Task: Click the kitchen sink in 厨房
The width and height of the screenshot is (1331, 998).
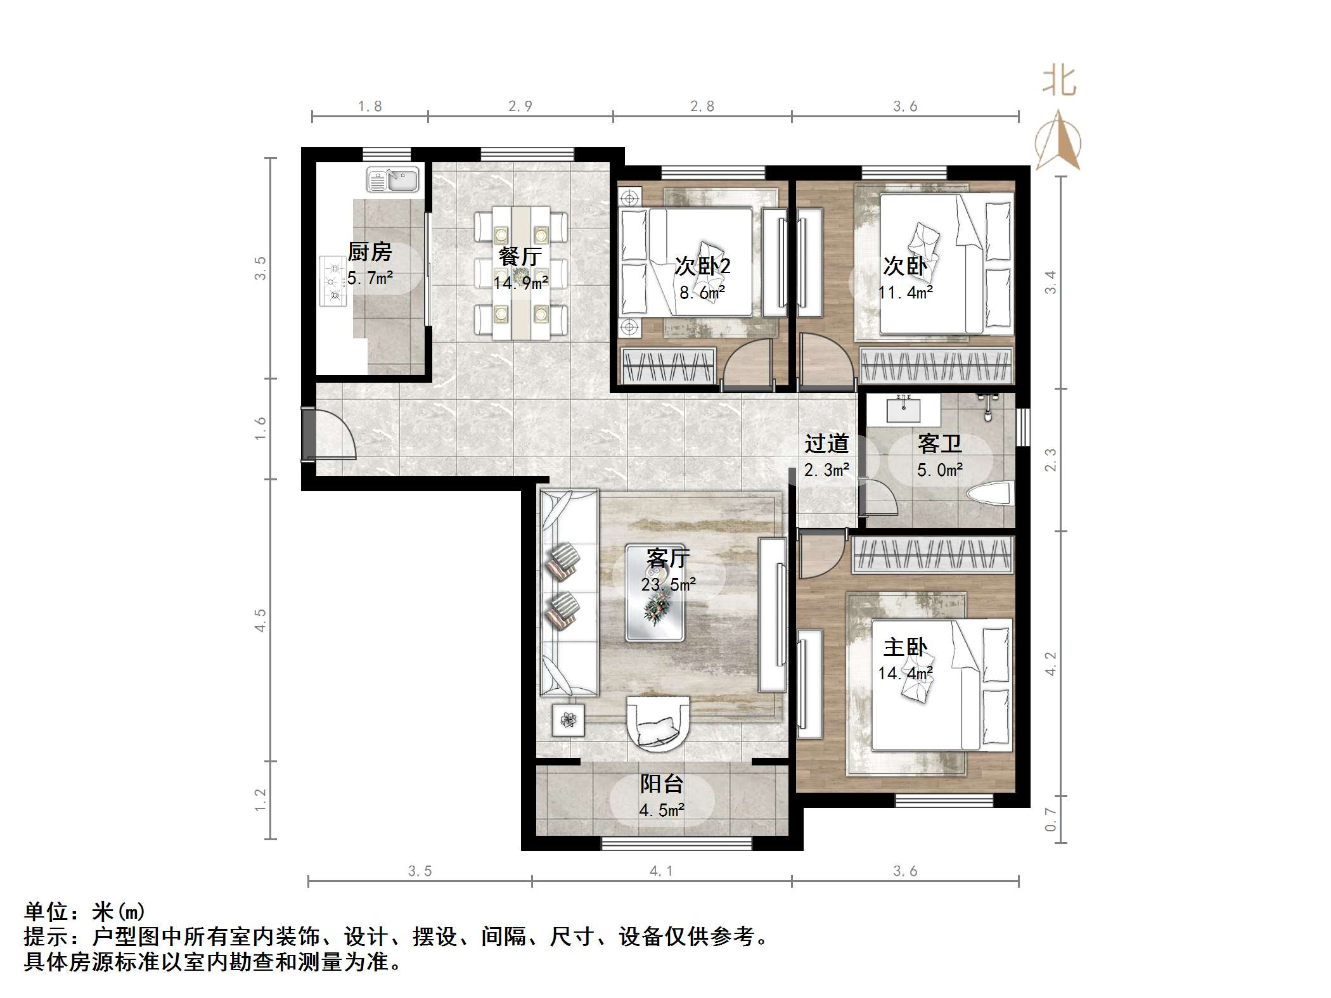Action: click(x=393, y=180)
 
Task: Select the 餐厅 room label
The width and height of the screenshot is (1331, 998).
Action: click(x=520, y=256)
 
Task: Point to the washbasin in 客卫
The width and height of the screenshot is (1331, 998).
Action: click(x=903, y=411)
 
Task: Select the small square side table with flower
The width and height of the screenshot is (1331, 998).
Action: click(x=568, y=719)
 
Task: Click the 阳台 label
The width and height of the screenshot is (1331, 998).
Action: click(x=661, y=784)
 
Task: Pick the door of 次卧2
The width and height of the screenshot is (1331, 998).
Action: click(x=748, y=364)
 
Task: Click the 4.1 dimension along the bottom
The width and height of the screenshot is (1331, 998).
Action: click(x=661, y=871)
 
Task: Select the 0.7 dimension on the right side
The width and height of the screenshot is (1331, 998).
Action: click(x=1051, y=819)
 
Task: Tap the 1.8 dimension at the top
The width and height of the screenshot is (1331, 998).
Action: click(x=370, y=106)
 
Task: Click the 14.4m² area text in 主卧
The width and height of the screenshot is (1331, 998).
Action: click(x=905, y=673)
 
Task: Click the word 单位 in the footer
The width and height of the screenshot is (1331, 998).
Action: click(x=46, y=912)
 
